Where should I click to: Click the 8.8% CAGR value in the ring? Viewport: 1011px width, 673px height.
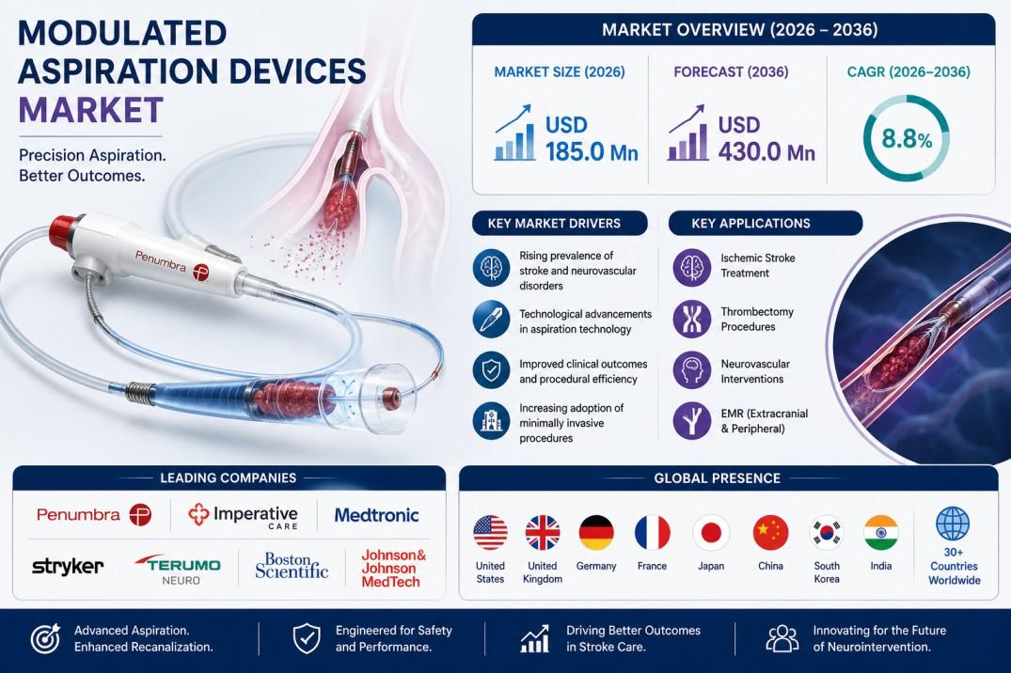(907, 138)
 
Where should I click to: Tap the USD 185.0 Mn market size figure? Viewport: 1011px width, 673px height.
(592, 138)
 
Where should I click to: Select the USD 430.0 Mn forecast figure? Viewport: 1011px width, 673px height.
(766, 138)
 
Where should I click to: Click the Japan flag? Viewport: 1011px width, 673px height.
(711, 533)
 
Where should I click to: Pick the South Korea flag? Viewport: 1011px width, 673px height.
(827, 533)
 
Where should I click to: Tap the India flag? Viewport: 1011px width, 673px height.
(881, 533)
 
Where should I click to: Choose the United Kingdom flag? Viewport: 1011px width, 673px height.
(543, 533)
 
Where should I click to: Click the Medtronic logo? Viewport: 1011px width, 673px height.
(376, 515)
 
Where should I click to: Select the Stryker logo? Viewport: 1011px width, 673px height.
(68, 567)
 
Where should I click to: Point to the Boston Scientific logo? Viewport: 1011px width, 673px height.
(292, 565)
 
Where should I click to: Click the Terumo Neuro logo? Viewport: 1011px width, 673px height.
(179, 569)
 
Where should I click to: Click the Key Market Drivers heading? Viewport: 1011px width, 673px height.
(554, 224)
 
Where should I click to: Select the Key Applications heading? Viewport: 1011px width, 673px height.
(750, 224)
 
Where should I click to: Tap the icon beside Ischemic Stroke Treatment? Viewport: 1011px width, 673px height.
(692, 267)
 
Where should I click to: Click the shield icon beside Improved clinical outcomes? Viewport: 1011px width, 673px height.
(491, 370)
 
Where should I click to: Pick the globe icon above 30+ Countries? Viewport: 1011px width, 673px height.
(953, 523)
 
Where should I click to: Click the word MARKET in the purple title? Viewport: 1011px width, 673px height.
(91, 110)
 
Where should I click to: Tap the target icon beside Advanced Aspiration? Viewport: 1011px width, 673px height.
(46, 638)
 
